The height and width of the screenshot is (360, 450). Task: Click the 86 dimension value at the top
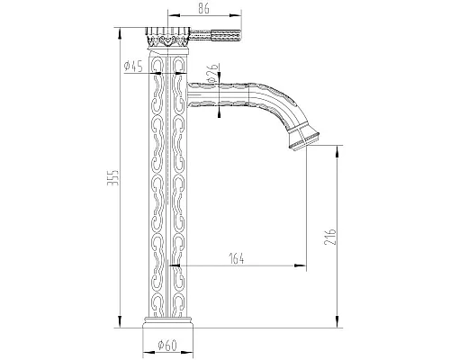click(x=206, y=9)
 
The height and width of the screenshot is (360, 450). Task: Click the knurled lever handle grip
click(x=211, y=39)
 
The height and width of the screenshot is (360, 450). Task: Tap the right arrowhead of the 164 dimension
click(x=304, y=267)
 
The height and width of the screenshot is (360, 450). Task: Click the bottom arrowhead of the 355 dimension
click(x=119, y=325)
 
